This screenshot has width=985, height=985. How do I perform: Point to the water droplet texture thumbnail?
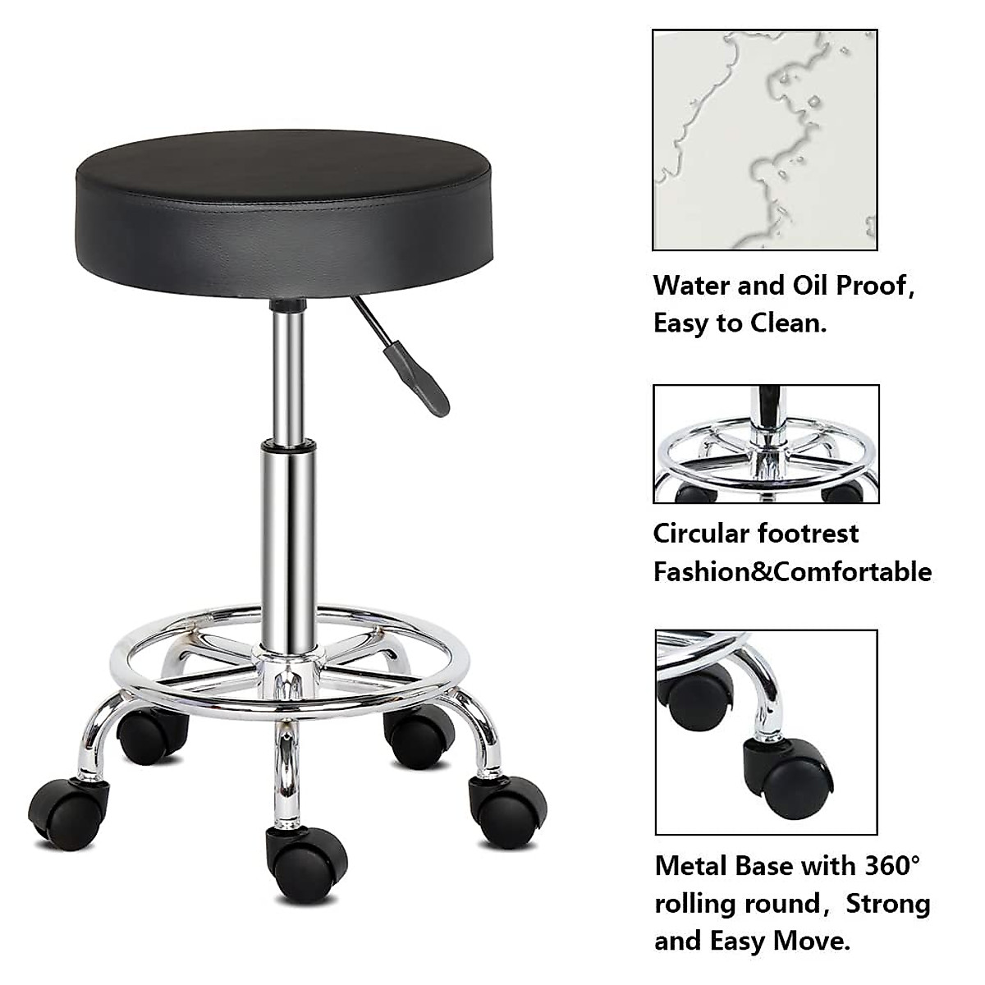point(765,140)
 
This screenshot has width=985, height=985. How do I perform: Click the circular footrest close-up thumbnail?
point(766,443)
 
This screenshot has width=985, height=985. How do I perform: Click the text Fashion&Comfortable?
point(792,571)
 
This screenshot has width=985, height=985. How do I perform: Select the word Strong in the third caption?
point(888,903)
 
